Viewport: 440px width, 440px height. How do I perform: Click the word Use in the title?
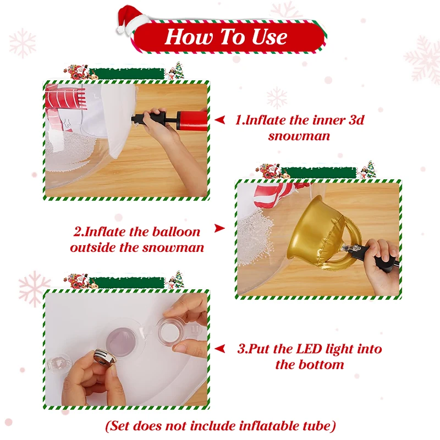pos(269,37)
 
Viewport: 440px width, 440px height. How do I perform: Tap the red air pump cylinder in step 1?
pos(192,120)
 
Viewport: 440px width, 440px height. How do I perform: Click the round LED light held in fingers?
pos(103,357)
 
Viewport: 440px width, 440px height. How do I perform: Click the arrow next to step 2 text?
pos(219,228)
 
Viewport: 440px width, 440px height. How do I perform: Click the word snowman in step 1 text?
pos(299,136)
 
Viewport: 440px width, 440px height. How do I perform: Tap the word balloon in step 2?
pos(176,232)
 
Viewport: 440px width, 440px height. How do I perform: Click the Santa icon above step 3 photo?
pos(77,280)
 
